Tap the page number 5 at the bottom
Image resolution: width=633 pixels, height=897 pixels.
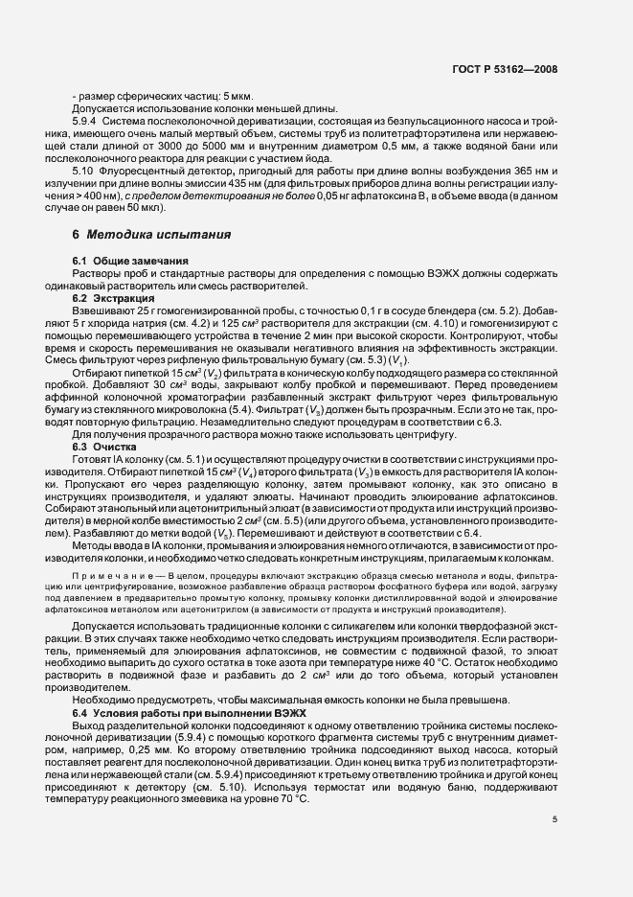pos(555,818)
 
